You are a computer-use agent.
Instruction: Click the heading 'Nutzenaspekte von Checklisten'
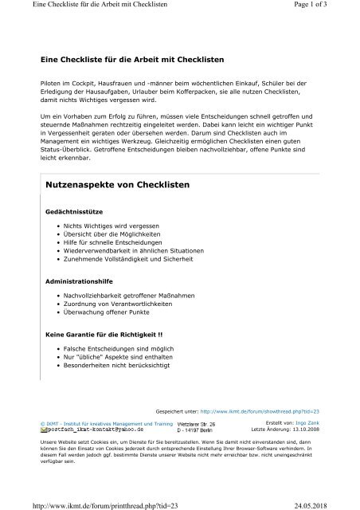(x=121, y=184)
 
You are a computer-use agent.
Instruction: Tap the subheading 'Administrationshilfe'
(x=79, y=280)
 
